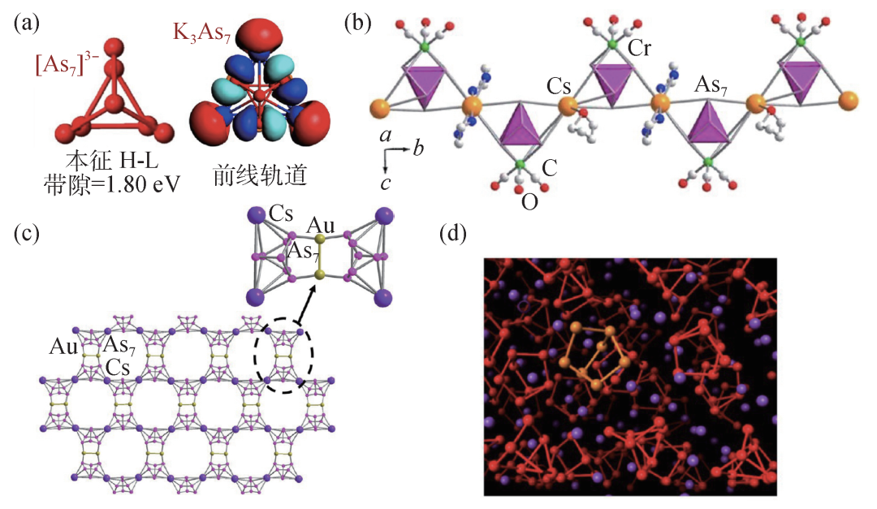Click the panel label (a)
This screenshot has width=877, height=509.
[x=26, y=24]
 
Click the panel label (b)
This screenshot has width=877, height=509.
[x=359, y=24]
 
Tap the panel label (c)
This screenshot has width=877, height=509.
[x=26, y=235]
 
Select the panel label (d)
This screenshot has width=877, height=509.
[x=452, y=235]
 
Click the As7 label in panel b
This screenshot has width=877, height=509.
[x=711, y=84]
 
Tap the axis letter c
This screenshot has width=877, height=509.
[x=387, y=181]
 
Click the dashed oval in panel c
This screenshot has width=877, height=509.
[x=283, y=356]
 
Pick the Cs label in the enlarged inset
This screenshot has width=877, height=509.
[x=282, y=214]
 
